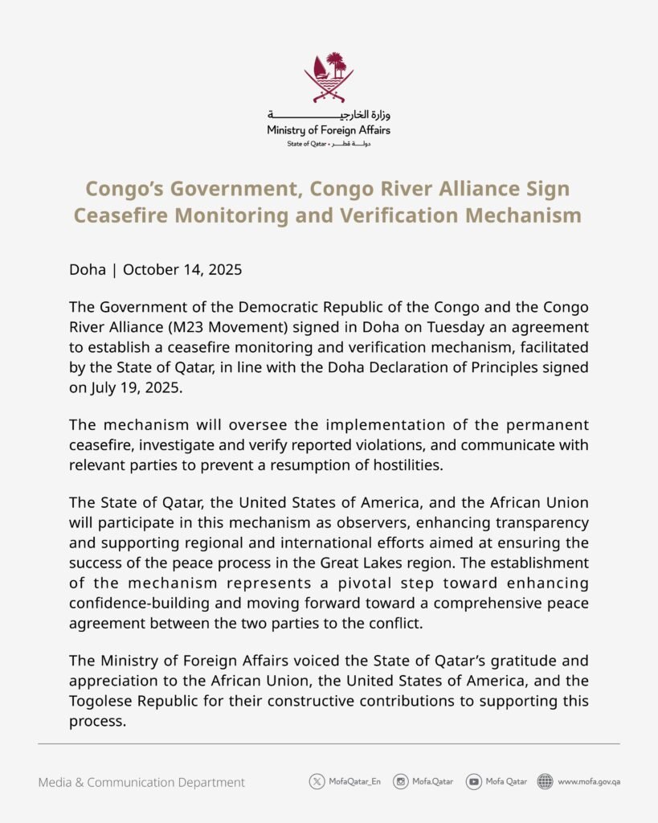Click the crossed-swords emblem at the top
coord(329,77)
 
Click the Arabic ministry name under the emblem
coord(329,115)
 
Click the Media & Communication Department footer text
coord(141,782)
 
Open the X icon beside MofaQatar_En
coord(317,781)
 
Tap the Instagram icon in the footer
coord(400,781)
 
